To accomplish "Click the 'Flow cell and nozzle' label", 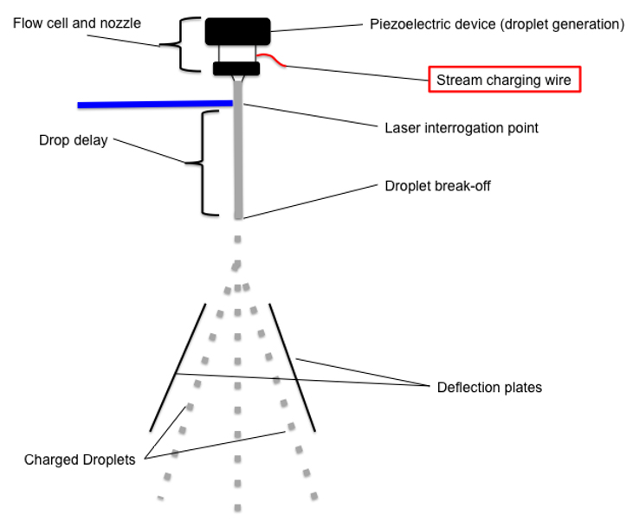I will tap(76, 22).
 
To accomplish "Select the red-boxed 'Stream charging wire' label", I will tap(503, 80).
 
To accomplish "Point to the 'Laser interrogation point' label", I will tap(461, 128).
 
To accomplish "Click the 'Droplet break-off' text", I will tap(437, 186).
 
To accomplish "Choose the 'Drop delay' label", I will tap(74, 140).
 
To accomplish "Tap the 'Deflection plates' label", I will tap(489, 387).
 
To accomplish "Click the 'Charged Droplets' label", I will tap(80, 460).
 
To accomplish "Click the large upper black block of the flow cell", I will tap(237, 31).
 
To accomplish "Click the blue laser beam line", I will tap(156, 104).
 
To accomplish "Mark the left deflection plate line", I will tap(178, 367).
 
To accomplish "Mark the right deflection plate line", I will tap(291, 367).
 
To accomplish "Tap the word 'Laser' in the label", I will tap(401, 128).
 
